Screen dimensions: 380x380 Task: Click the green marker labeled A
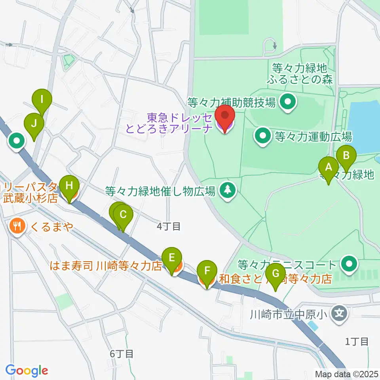click(328, 168)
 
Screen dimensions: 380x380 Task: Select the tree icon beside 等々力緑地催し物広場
click(227, 190)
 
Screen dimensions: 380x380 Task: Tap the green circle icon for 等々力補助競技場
click(288, 103)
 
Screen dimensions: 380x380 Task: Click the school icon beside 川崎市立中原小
click(339, 315)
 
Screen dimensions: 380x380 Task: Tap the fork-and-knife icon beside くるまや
click(16, 227)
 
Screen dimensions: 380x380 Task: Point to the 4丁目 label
click(169, 227)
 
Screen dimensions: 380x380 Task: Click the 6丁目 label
click(121, 354)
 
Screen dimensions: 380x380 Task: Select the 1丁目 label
click(357, 341)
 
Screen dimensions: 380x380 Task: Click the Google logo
click(26, 370)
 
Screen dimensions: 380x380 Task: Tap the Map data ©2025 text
click(347, 374)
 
